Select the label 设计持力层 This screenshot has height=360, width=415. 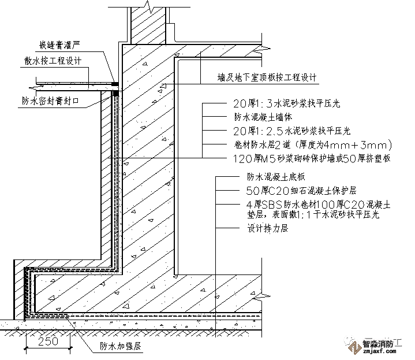pyautogui.click(x=264, y=228)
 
